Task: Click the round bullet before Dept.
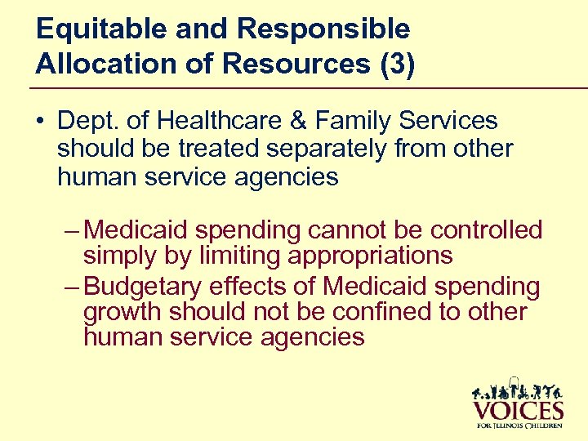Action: (x=41, y=122)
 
